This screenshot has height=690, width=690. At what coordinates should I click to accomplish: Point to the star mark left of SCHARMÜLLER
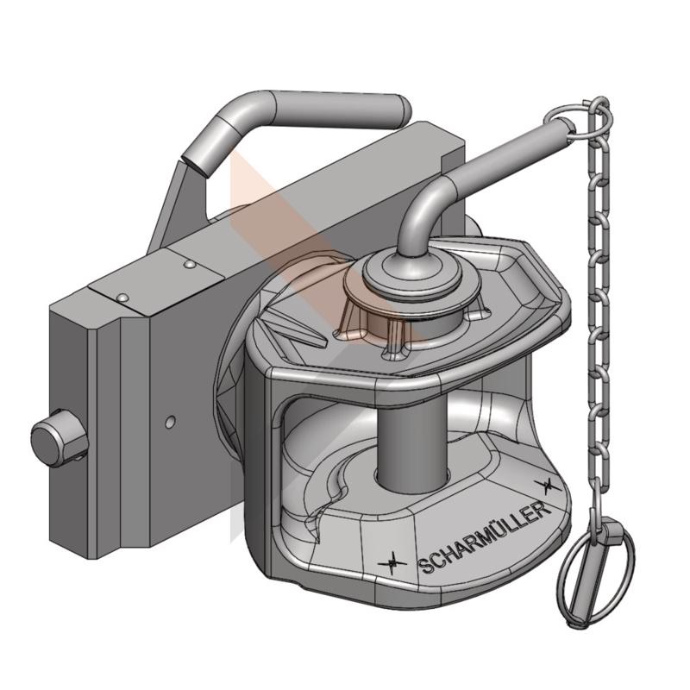point(392,563)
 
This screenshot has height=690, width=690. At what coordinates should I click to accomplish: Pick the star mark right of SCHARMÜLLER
point(548,486)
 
